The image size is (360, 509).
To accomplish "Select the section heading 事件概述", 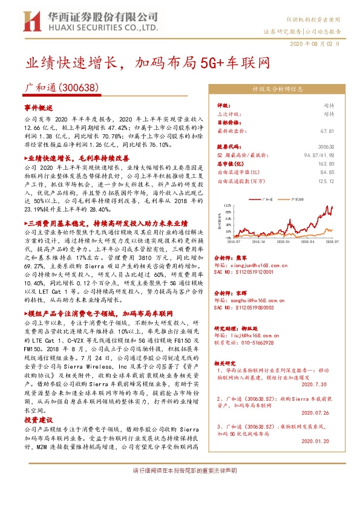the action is click(x=39, y=106).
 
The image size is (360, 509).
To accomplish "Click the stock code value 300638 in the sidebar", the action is click(x=326, y=147).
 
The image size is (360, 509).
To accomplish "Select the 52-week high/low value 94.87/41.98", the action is click(x=318, y=155).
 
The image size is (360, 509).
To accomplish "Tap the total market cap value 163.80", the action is click(x=326, y=163).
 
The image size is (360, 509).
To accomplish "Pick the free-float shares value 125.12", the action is click(x=326, y=180).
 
